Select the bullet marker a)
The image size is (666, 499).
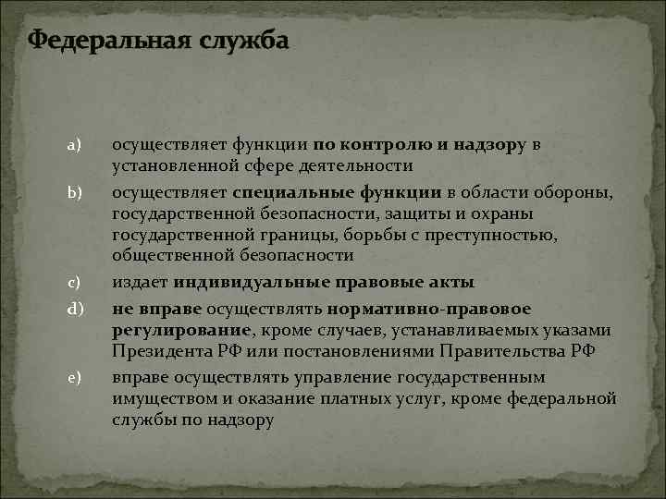pyautogui.click(x=74, y=145)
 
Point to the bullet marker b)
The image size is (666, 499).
pyautogui.click(x=74, y=191)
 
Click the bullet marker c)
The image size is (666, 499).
pyautogui.click(x=74, y=282)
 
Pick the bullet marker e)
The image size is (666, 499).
pyautogui.click(x=74, y=377)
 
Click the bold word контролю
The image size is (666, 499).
pyautogui.click(x=378, y=145)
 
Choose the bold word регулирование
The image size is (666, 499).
pyautogui.click(x=180, y=330)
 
